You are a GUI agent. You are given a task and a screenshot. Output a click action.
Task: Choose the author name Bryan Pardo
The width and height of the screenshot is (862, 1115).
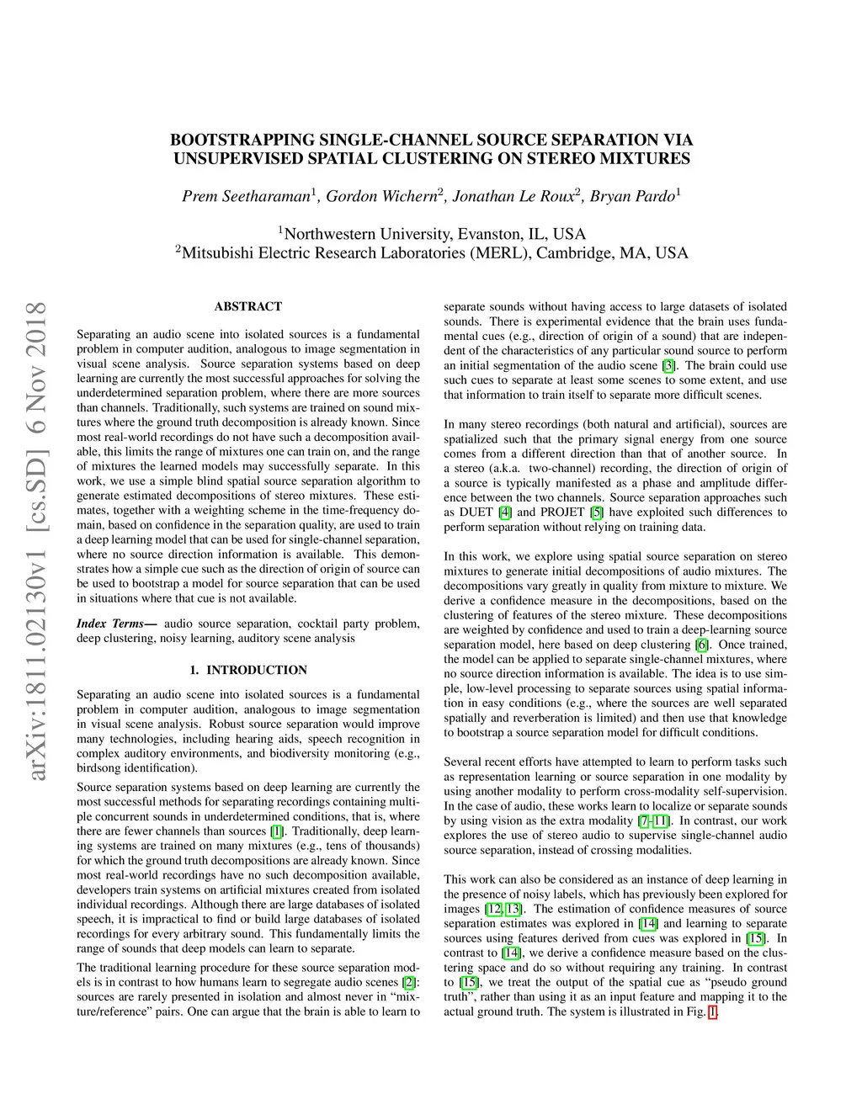tap(631, 197)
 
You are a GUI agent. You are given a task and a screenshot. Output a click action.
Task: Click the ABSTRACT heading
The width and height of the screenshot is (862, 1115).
tap(248, 306)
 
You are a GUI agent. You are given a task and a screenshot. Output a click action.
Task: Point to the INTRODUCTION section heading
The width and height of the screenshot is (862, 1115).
tap(257, 670)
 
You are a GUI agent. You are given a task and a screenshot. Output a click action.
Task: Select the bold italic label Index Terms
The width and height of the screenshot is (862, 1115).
tap(110, 624)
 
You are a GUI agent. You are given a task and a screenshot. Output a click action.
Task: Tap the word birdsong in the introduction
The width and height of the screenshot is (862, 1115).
tap(97, 767)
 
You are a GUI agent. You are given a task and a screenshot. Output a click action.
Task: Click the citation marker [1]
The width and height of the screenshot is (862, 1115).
tap(277, 831)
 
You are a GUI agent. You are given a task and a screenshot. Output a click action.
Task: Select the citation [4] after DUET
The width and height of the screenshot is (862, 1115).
tap(505, 512)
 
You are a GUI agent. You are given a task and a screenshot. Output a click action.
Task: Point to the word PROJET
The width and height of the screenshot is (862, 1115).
tap(563, 512)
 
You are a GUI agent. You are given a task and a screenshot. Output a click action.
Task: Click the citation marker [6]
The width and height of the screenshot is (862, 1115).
tap(701, 645)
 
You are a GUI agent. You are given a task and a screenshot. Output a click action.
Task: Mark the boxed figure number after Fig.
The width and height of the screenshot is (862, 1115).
tap(713, 1011)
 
